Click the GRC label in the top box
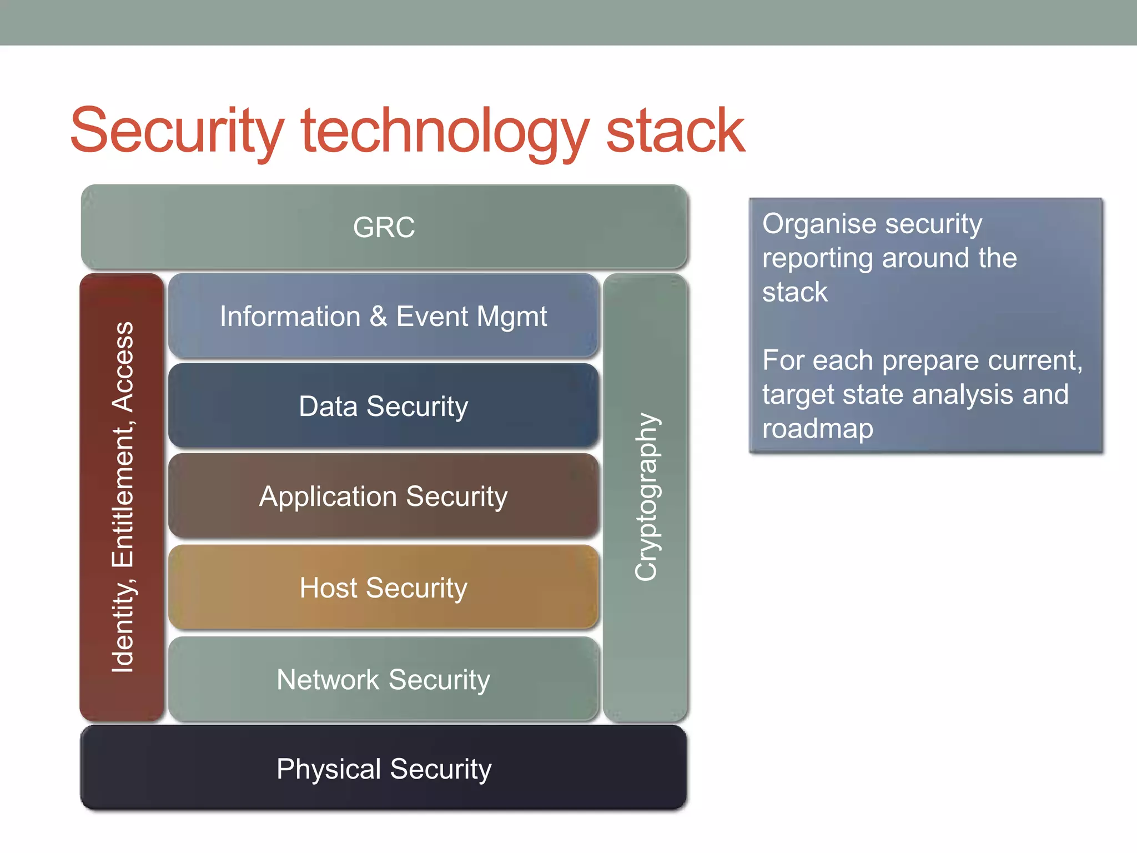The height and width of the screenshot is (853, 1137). (x=384, y=227)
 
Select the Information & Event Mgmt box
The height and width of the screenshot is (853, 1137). (x=384, y=316)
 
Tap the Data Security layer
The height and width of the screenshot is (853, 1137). (x=384, y=406)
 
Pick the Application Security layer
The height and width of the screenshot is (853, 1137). (x=384, y=496)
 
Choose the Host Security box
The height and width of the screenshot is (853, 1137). (x=384, y=588)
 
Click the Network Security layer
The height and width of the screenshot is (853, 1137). (x=384, y=679)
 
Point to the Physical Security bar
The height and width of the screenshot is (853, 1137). (x=384, y=769)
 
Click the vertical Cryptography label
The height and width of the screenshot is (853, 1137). (x=646, y=497)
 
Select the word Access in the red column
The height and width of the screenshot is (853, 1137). (x=123, y=367)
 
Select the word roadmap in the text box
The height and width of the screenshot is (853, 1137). (x=818, y=429)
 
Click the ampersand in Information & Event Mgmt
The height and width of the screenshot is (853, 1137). (x=378, y=316)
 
